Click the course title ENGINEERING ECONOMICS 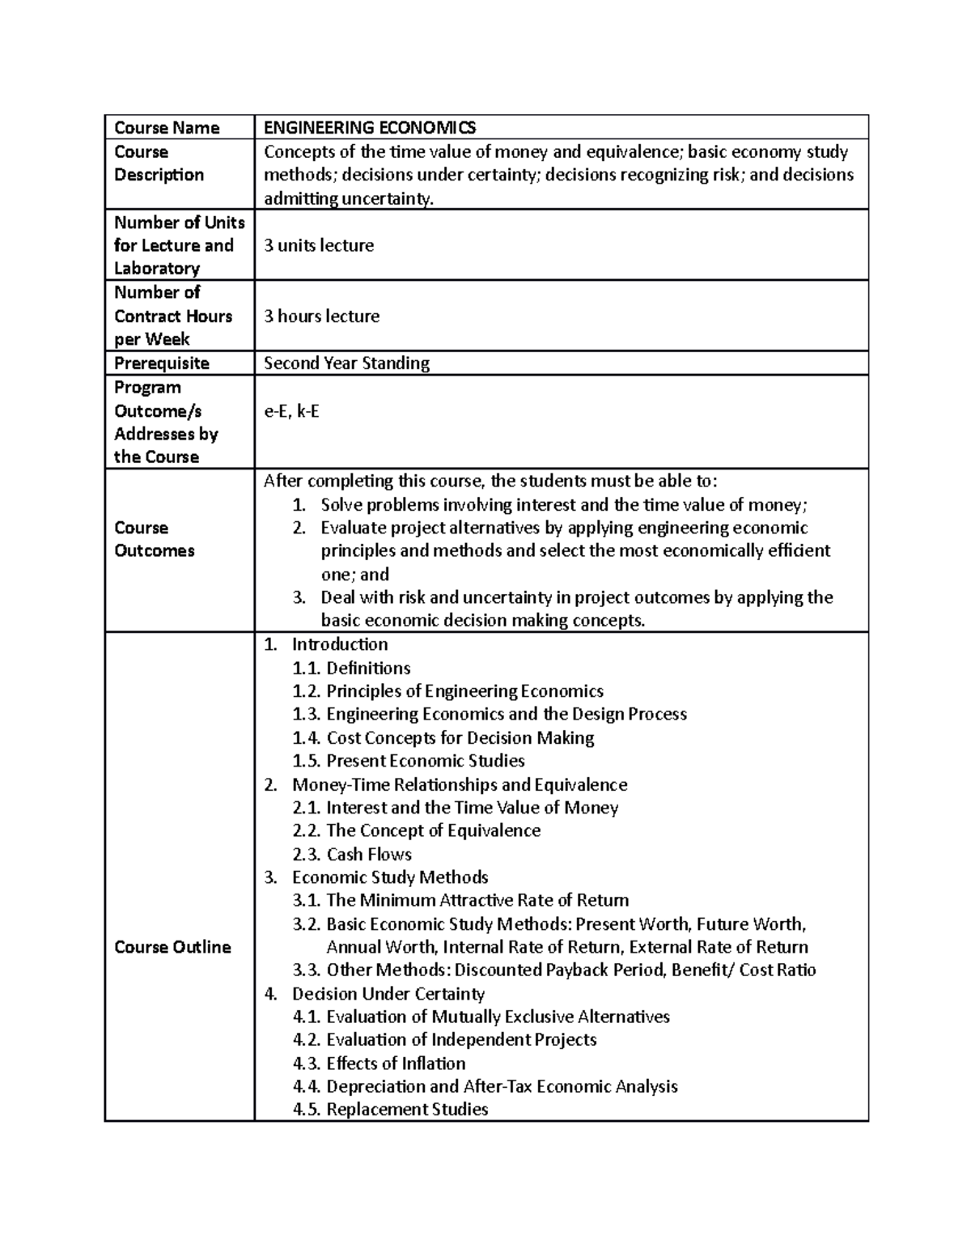pyautogui.click(x=370, y=128)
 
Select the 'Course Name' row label pyautogui.click(x=167, y=128)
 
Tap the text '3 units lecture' pyautogui.click(x=319, y=245)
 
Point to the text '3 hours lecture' pyautogui.click(x=321, y=316)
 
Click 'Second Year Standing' pyautogui.click(x=346, y=363)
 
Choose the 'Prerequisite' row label pyautogui.click(x=162, y=363)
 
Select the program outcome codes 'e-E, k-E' pyautogui.click(x=291, y=411)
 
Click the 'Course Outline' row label pyautogui.click(x=172, y=947)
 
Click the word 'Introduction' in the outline pyautogui.click(x=340, y=644)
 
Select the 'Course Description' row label pyautogui.click(x=159, y=163)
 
